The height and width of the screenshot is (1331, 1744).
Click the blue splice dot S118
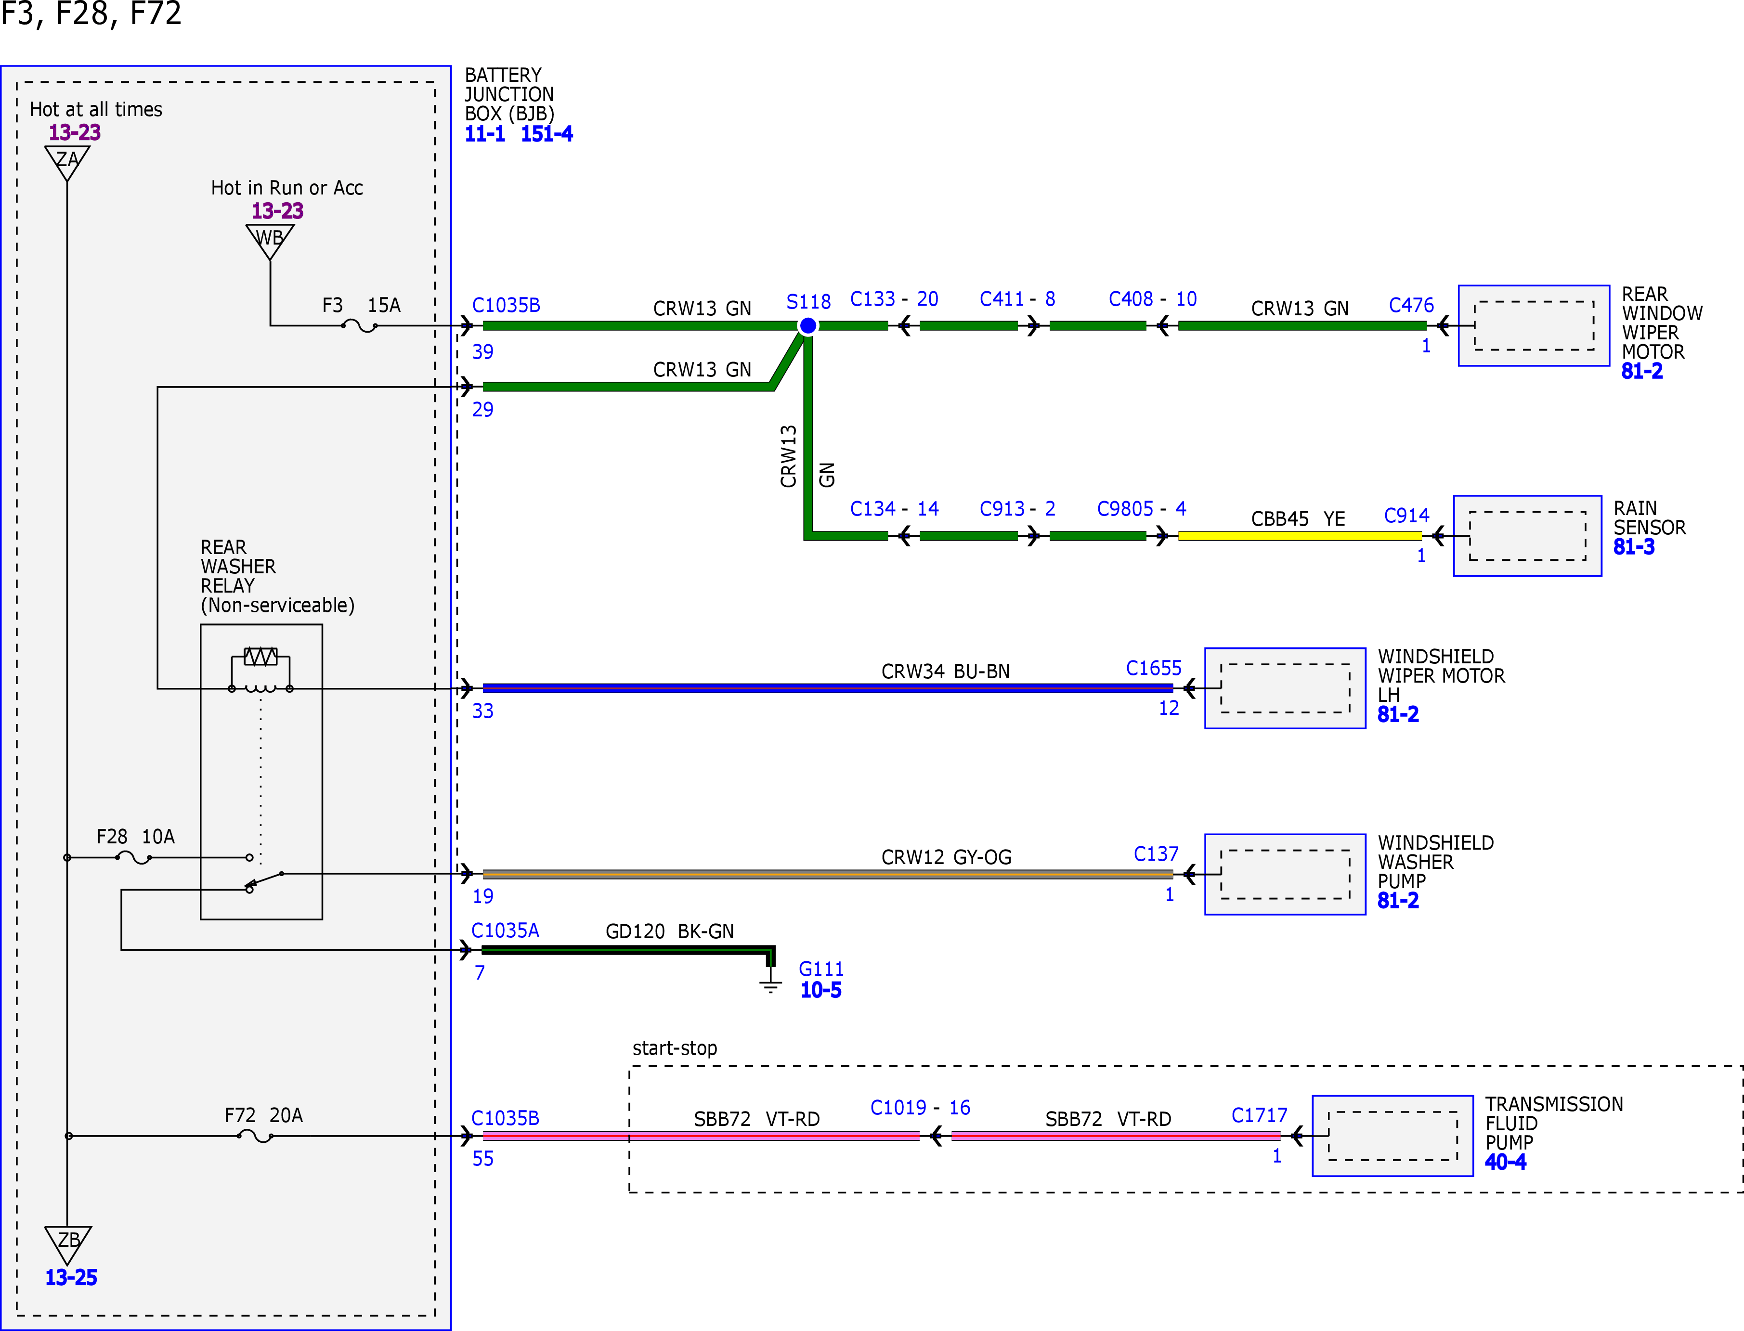[807, 325]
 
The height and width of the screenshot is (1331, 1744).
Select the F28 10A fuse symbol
[134, 857]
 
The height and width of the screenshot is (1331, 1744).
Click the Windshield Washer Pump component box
[1285, 874]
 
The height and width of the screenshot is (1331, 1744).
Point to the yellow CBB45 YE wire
[1300, 536]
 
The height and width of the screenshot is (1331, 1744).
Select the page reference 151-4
[547, 134]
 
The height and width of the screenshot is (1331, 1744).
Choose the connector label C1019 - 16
[920, 1108]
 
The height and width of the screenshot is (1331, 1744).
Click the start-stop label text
[675, 1048]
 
